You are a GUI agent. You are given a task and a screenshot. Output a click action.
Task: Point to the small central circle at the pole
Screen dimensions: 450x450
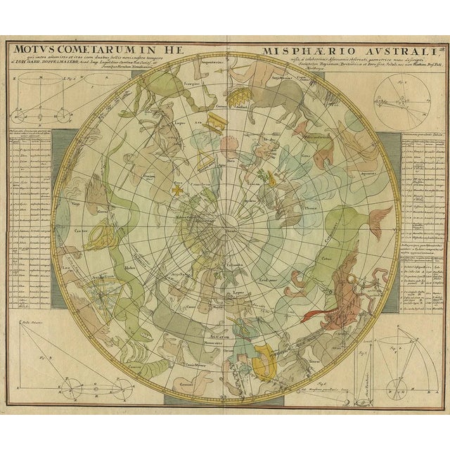coord(226,225)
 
